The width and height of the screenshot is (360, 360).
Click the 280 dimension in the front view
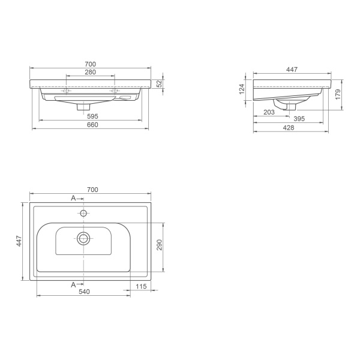pyautogui.click(x=91, y=72)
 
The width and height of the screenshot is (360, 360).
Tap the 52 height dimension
pyautogui.click(x=160, y=84)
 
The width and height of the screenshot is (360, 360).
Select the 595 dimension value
pyautogui.click(x=92, y=116)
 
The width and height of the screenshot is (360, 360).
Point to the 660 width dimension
pyautogui.click(x=92, y=125)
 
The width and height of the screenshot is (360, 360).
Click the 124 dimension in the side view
pyautogui.click(x=242, y=89)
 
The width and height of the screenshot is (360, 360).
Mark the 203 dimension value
pyautogui.click(x=269, y=112)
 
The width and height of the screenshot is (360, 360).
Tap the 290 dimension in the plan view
pyautogui.click(x=160, y=245)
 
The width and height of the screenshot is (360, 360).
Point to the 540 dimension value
pyautogui.click(x=83, y=292)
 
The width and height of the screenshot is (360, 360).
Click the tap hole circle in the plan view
pyautogui.click(x=83, y=213)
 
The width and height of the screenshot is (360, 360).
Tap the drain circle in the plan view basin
pyautogui.click(x=83, y=238)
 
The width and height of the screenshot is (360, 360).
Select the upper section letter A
pyautogui.click(x=73, y=197)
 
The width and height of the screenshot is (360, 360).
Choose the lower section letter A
pyautogui.click(x=73, y=284)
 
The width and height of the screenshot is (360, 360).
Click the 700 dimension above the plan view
pyautogui.click(x=92, y=190)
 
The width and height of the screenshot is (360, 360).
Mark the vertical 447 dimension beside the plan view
pyautogui.click(x=19, y=241)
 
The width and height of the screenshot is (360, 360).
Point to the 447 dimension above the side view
pyautogui.click(x=292, y=70)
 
